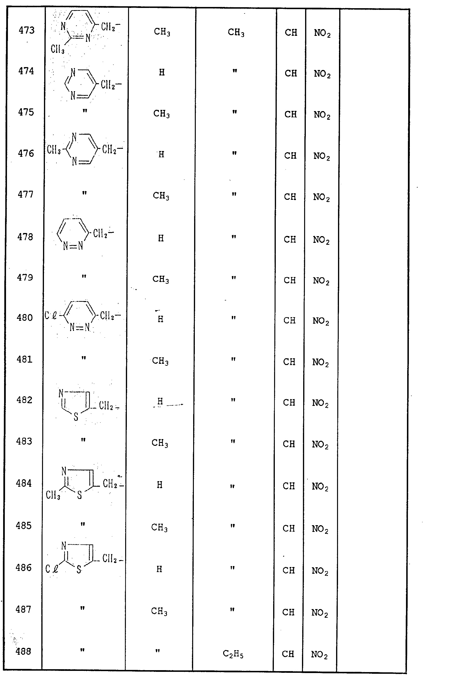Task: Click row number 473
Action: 26,30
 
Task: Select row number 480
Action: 25,317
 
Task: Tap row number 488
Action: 23,651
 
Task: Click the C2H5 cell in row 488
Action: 233,654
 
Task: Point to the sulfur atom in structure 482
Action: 76,417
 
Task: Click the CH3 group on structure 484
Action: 53,495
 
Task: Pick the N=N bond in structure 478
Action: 73,246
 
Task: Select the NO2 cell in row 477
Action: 321,197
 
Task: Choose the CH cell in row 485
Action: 289,528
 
